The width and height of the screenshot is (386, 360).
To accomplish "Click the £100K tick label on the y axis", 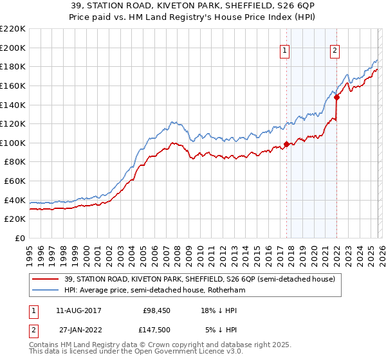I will tap(13, 143).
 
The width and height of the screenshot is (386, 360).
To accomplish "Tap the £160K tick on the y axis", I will tap(13, 85).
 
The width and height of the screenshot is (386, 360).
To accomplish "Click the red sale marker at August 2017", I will tap(286, 144).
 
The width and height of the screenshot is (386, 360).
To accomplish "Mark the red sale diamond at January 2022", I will tap(336, 98).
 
